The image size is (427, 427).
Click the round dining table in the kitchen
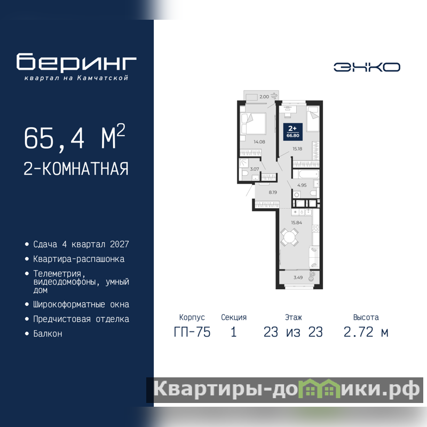(289, 237)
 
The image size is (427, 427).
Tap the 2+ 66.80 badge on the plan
(292, 132)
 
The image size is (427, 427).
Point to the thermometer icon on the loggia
(312, 276)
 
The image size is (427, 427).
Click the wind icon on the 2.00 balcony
(274, 96)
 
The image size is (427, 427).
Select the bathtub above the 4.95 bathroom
(305, 174)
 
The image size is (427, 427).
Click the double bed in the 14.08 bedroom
(252, 124)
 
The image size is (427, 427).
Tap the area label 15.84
(296, 223)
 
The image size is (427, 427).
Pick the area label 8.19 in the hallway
(273, 192)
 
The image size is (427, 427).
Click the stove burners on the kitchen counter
(315, 228)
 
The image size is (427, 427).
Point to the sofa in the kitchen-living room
(314, 257)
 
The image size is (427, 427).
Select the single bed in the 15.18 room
(313, 119)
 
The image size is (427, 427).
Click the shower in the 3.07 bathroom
(244, 163)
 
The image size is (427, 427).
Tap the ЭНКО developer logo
(367, 67)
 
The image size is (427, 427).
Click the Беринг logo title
(76, 62)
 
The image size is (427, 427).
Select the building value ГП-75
(192, 332)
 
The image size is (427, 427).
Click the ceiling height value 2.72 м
(366, 332)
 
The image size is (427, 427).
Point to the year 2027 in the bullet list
(119, 244)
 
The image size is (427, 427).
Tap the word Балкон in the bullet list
(48, 334)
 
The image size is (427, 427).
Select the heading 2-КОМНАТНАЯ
(76, 169)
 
